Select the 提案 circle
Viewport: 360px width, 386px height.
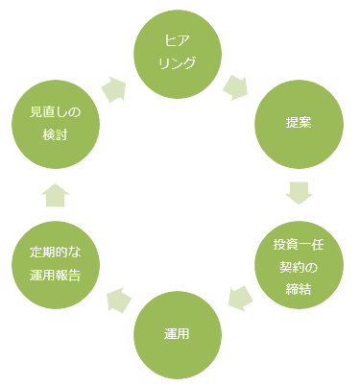[299, 124]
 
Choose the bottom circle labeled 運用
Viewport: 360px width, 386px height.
[178, 335]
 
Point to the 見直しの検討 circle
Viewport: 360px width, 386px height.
[55, 124]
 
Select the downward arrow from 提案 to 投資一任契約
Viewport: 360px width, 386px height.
[299, 193]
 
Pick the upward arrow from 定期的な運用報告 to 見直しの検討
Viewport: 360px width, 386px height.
[55, 195]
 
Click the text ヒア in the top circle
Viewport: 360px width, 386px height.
[178, 44]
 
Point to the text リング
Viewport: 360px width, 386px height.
[178, 63]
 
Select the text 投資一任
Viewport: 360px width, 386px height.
[299, 244]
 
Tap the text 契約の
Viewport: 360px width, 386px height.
[299, 265]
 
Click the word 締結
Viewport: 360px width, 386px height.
[299, 285]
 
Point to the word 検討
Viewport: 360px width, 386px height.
[55, 135]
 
